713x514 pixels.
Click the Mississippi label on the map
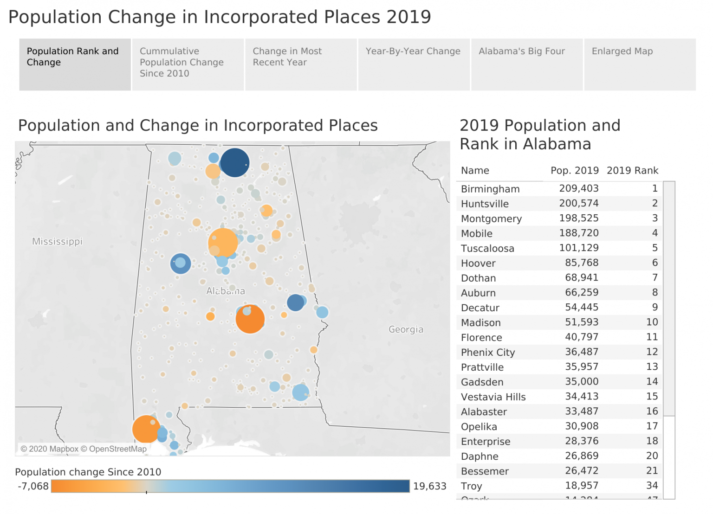pos(57,241)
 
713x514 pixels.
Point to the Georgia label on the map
pos(406,329)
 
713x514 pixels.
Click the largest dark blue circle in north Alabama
pos(235,163)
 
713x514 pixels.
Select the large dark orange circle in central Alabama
pos(250,319)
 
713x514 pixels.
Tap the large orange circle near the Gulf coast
pos(146,429)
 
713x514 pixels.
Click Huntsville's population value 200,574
pos(578,203)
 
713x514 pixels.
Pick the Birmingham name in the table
pos(490,189)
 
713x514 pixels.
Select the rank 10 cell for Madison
pos(652,322)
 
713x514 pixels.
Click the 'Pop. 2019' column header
pos(574,170)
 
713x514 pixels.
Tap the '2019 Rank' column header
pos(632,170)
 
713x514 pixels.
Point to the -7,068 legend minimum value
pos(33,486)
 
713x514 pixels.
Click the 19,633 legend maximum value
pos(429,486)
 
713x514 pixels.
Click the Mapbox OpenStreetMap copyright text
pos(84,449)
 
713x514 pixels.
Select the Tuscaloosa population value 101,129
pos(578,248)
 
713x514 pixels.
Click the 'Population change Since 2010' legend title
pos(88,472)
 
